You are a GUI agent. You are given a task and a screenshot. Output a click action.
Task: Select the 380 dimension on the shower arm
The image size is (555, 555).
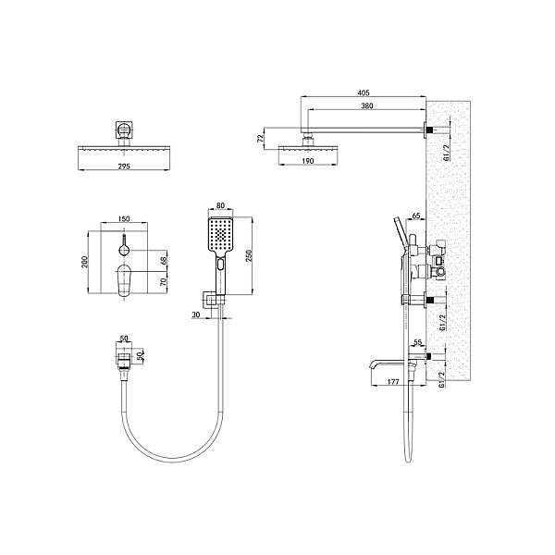[x=366, y=106]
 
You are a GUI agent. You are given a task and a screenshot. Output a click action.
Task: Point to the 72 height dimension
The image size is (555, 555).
[x=262, y=138]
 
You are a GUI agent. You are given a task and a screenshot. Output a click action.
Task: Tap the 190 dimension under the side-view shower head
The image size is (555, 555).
[x=308, y=161]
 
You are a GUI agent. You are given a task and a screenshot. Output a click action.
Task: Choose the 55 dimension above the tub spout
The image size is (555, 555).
[x=418, y=342]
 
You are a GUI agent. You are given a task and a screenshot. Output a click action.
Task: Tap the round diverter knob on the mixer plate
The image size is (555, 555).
[x=123, y=251]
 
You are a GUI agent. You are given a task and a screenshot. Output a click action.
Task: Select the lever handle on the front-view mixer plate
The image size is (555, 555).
[x=125, y=277]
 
